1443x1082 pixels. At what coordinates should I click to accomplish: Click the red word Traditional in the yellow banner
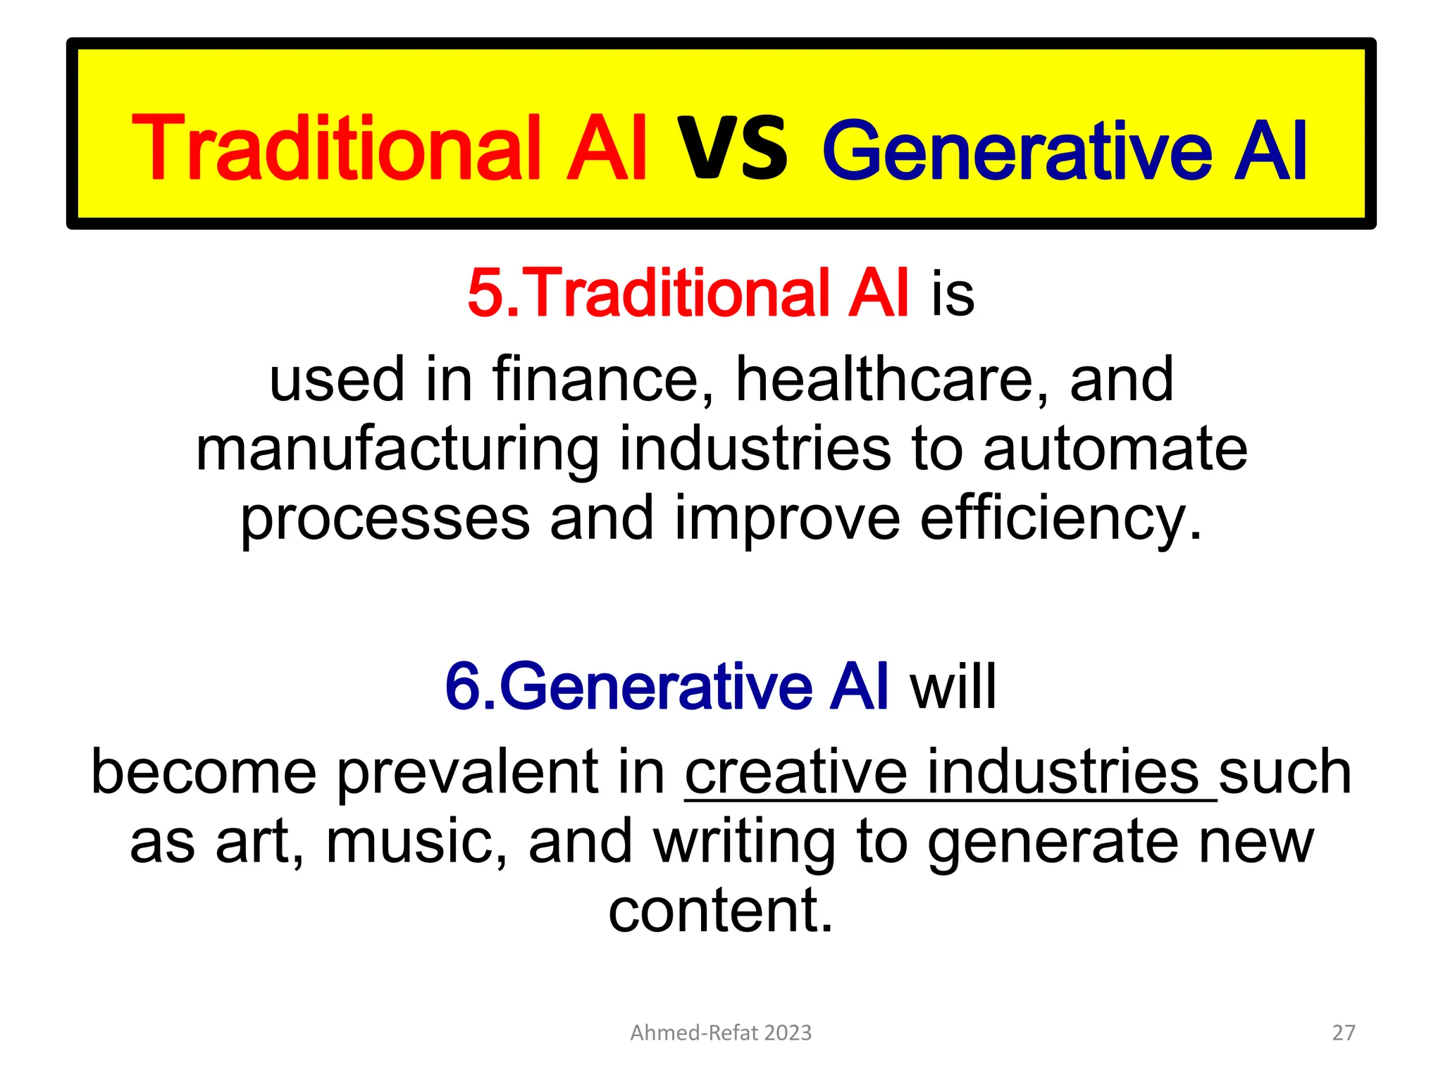(337, 148)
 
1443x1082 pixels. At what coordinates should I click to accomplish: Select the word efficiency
(1060, 519)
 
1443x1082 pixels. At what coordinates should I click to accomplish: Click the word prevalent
(501, 772)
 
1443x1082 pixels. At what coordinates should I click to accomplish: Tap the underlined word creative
(796, 772)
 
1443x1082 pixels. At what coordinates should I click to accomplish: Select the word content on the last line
(720, 910)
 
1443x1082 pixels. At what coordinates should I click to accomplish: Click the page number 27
(1344, 1033)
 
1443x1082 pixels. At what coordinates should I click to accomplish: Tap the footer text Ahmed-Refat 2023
(721, 1033)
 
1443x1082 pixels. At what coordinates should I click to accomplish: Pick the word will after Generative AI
(953, 686)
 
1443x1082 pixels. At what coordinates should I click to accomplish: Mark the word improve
(788, 519)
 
